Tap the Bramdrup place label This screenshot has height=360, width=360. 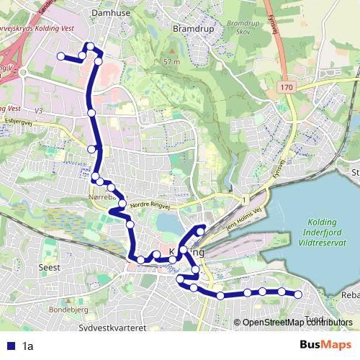(190, 30)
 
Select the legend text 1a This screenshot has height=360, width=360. (28, 346)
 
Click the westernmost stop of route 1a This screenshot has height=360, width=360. (60, 55)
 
